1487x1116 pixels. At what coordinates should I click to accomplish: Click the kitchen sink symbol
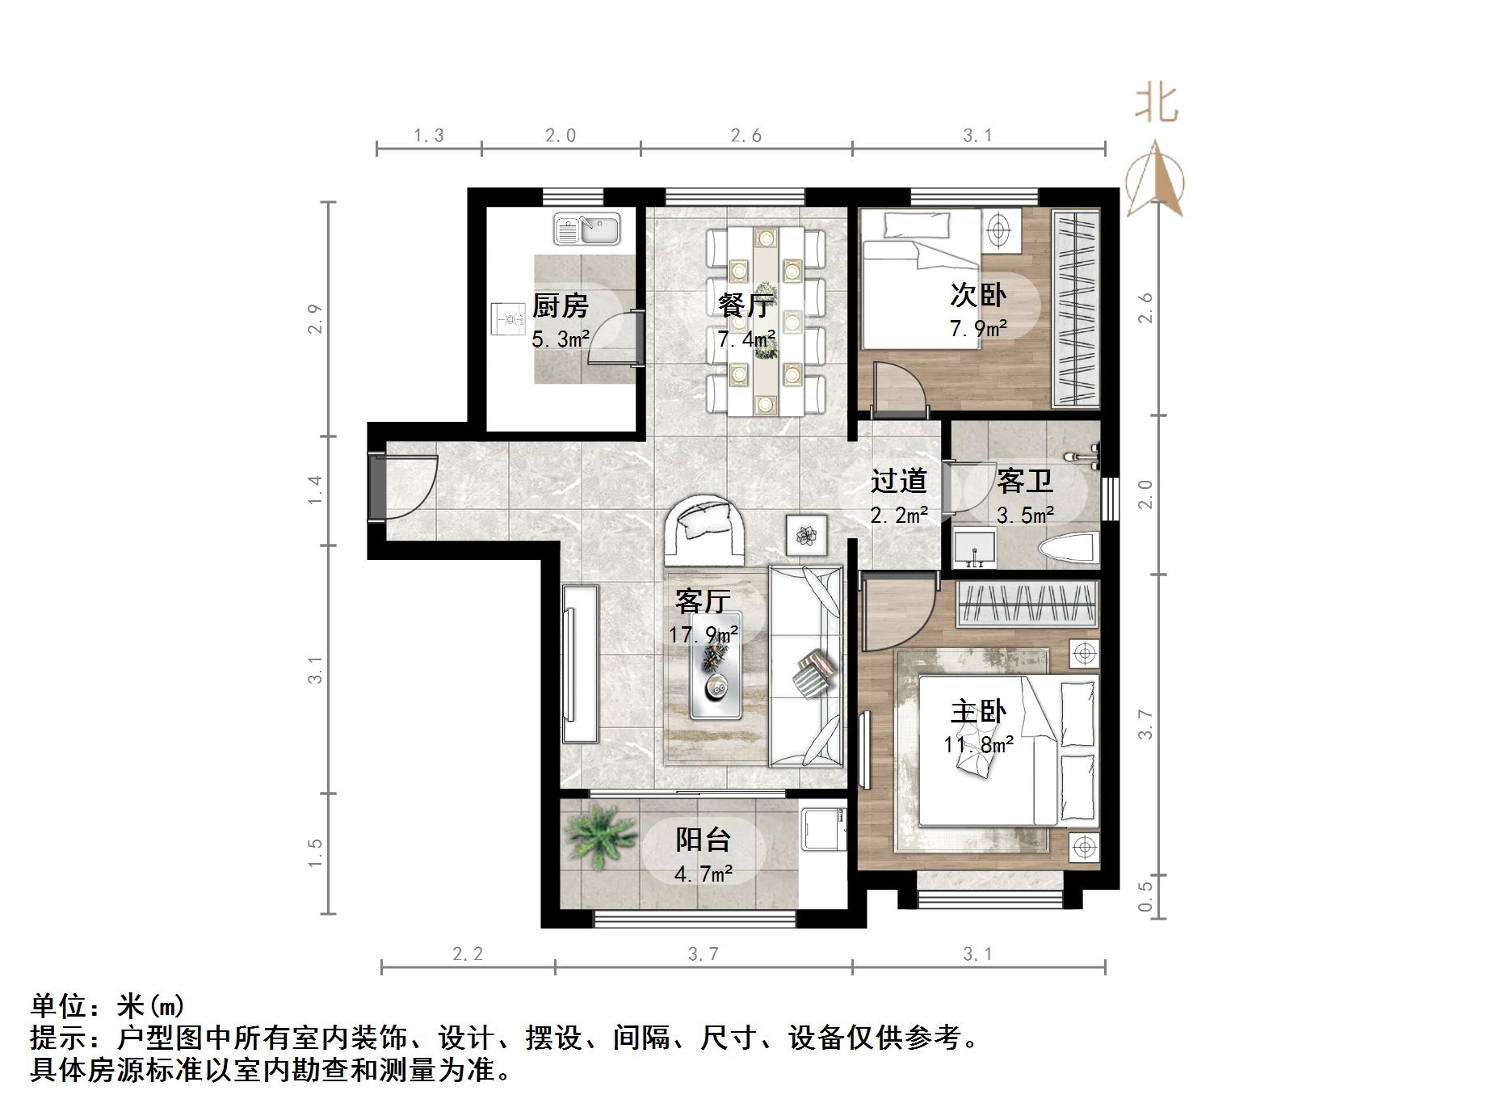click(x=586, y=229)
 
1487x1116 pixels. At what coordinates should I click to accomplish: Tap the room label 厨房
click(x=560, y=305)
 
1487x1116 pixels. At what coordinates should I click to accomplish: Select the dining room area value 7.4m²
click(x=746, y=339)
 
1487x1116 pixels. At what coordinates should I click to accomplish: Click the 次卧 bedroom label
click(x=978, y=294)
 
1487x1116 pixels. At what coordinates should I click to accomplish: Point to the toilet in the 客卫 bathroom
click(x=1069, y=549)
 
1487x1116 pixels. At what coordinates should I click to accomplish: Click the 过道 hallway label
click(x=898, y=481)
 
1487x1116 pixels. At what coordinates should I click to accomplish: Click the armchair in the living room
click(x=704, y=530)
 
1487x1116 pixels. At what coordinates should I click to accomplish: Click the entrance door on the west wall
click(x=378, y=486)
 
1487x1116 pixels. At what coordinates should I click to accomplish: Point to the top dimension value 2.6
click(x=746, y=136)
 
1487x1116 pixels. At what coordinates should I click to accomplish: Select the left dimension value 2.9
click(x=315, y=318)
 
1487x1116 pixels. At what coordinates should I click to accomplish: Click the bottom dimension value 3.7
click(x=703, y=954)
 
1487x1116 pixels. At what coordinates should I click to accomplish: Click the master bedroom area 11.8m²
click(x=978, y=743)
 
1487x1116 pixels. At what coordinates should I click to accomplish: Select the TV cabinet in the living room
click(x=580, y=663)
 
